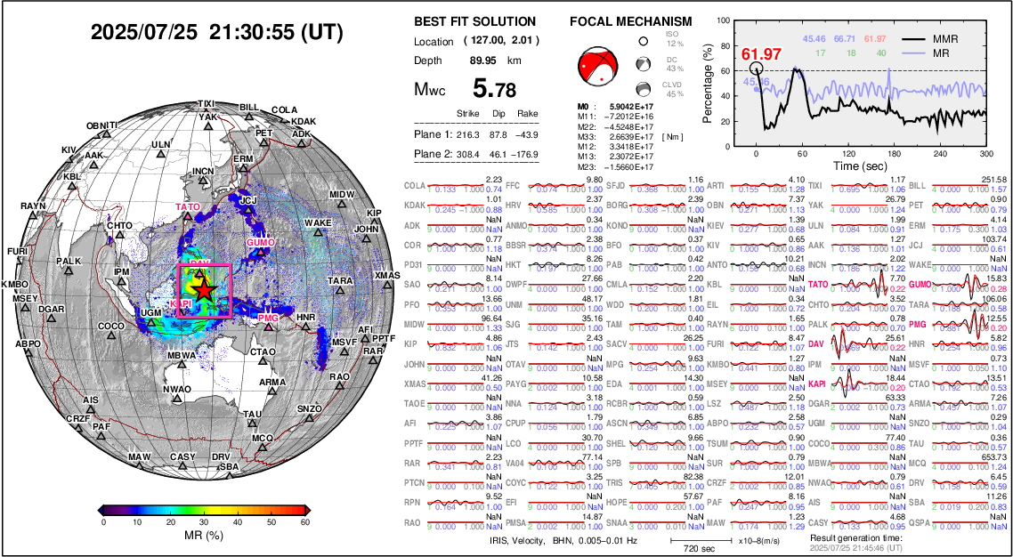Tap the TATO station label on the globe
click(x=187, y=207)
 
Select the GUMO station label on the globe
click(x=262, y=242)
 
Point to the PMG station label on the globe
click(x=268, y=319)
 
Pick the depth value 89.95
click(x=483, y=61)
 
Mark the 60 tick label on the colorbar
click(x=304, y=522)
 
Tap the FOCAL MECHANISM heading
click(x=630, y=21)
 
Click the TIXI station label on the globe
click(x=206, y=103)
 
